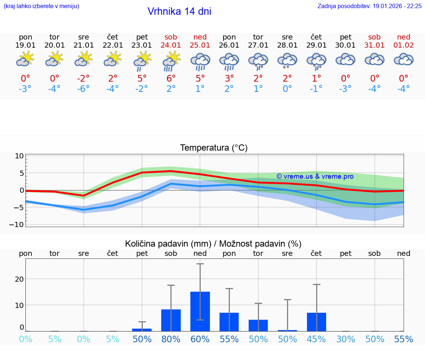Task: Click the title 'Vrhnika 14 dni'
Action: click(179, 11)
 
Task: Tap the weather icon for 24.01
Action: click(171, 61)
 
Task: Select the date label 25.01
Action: click(200, 45)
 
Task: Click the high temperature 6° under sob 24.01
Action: click(171, 78)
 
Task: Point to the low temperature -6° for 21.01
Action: click(83, 89)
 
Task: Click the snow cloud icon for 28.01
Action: click(287, 61)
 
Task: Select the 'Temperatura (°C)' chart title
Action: click(214, 148)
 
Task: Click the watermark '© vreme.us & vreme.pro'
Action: click(315, 176)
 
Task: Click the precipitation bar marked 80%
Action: click(171, 320)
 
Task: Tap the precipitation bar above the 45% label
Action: click(317, 322)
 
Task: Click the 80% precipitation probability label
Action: click(171, 339)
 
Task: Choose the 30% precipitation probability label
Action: click(346, 339)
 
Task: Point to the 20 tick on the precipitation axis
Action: click(19, 279)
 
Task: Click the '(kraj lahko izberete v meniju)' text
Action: click(41, 6)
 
